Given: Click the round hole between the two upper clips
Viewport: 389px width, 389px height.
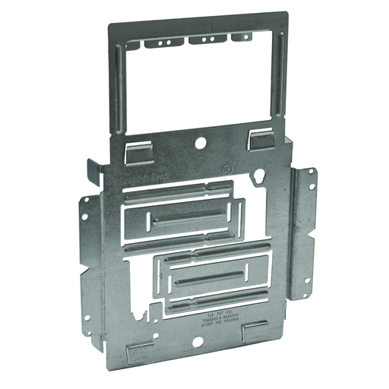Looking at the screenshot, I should click(200, 142).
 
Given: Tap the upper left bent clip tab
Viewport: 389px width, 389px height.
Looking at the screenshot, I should click(139, 150).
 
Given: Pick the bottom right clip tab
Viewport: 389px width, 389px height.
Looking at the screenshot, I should click(255, 331).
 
